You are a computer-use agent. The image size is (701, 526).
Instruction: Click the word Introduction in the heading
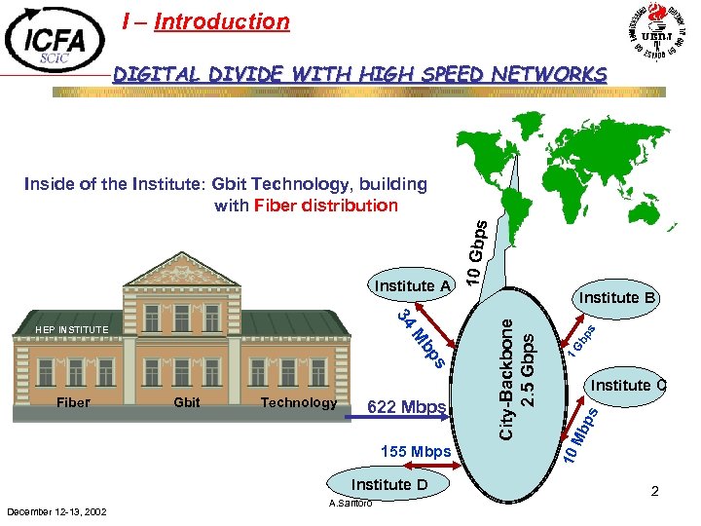[221, 21]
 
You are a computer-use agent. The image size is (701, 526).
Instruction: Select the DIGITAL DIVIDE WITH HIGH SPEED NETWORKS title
[359, 74]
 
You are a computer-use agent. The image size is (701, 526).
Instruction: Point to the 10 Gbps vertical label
[475, 252]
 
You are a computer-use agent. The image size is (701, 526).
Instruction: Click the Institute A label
[414, 285]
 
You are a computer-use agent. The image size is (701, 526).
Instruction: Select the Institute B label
[618, 297]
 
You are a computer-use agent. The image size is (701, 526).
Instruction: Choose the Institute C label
[628, 385]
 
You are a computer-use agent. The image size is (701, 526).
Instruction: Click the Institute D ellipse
[389, 484]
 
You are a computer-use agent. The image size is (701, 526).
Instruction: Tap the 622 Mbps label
[407, 406]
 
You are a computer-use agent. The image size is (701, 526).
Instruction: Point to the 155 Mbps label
[417, 451]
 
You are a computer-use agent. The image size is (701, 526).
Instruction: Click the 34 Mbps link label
[423, 338]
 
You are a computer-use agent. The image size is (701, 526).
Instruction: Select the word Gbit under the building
[186, 402]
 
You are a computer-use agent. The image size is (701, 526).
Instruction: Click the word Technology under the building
[299, 402]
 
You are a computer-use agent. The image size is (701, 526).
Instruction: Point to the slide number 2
[655, 492]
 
